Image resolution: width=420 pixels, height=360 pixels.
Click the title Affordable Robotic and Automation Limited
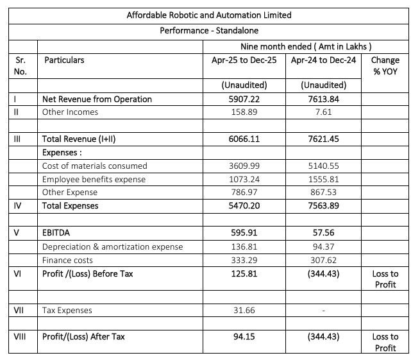coord(209,15)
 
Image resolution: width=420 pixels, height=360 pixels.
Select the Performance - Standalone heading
coord(209,30)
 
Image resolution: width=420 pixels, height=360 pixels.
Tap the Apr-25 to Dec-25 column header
coord(244,60)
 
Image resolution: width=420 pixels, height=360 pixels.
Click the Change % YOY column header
coord(385,65)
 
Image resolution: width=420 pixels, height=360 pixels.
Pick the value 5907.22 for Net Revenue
coord(244,99)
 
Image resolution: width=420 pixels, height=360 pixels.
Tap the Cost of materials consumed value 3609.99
coord(244,166)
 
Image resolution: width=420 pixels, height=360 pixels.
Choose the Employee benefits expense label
coord(94,179)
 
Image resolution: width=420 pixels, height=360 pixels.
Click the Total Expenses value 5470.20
coord(244,206)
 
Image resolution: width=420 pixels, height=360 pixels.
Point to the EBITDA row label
coord(56,233)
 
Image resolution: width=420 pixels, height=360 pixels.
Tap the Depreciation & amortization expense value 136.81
coord(244,246)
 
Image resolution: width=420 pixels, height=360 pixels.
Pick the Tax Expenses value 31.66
coord(244,311)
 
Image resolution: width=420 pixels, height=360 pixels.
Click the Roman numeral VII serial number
coord(19,311)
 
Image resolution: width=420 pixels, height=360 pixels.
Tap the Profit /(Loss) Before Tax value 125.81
coord(244,274)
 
